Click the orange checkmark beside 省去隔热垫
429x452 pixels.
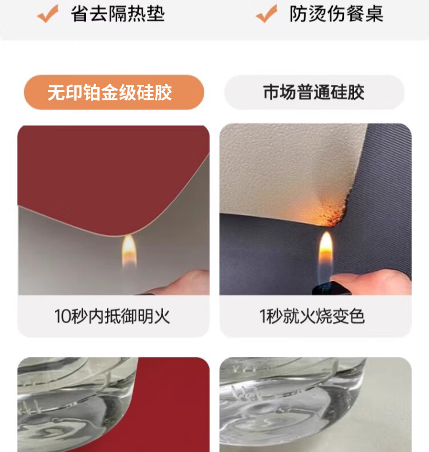(47, 14)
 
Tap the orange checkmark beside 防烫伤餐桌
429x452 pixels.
(267, 14)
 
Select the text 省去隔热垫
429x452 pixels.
(118, 14)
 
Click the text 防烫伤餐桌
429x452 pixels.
(336, 14)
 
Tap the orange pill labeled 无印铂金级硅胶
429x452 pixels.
(114, 92)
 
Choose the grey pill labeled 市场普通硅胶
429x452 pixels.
(314, 92)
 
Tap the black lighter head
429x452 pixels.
(331, 288)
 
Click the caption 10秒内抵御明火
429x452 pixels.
(112, 316)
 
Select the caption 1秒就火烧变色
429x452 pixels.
(312, 316)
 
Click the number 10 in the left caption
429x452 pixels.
(62, 317)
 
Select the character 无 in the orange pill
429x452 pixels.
(56, 93)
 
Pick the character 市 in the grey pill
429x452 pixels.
(272, 92)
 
